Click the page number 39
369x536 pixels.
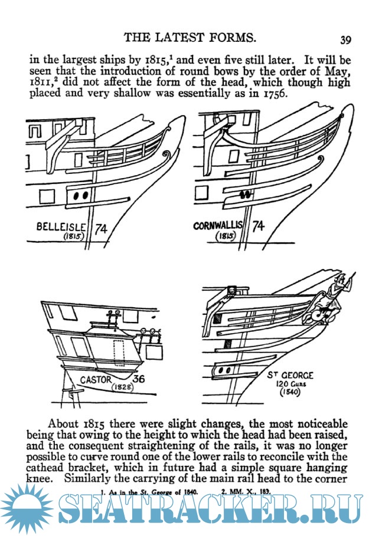346,40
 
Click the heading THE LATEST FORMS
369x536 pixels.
190,38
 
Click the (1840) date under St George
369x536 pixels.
289,392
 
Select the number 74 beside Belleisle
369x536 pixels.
101,227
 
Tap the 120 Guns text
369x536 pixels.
289,383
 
